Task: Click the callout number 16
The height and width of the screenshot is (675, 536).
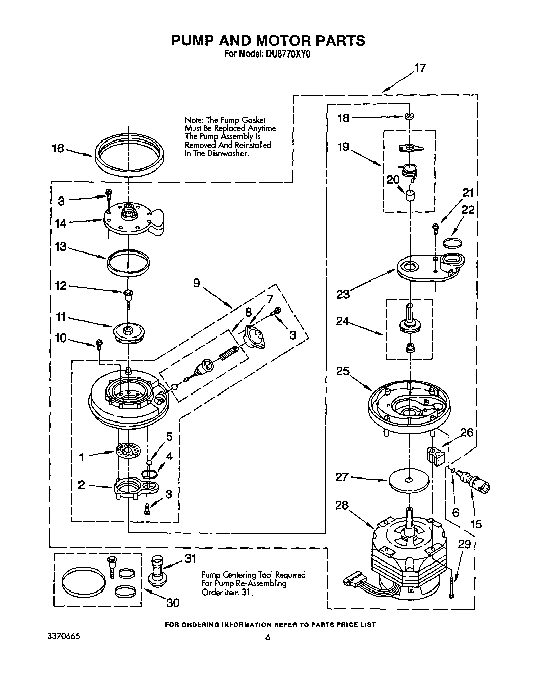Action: (58, 148)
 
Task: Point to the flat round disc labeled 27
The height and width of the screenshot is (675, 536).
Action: (409, 480)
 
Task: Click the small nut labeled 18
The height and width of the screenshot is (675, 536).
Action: (408, 117)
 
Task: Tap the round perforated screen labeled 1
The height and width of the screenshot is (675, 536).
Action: (128, 451)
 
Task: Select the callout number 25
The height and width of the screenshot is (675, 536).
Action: (343, 371)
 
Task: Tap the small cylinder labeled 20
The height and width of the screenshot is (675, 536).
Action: (409, 196)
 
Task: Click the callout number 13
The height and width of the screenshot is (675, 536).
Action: (61, 247)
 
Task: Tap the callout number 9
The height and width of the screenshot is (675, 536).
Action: (197, 283)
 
